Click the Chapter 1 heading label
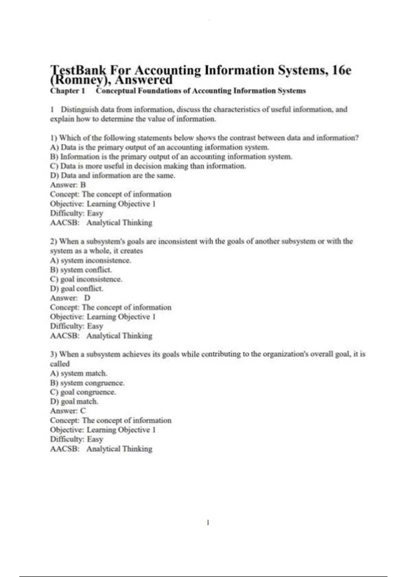tap(67, 91)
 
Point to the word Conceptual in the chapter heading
tap(115, 91)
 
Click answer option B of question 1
tap(171, 157)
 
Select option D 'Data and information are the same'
tap(113, 175)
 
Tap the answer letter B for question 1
tap(83, 185)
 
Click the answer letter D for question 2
tap(87, 298)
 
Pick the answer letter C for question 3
tap(83, 411)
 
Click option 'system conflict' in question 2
tap(81, 270)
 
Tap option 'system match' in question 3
tap(79, 373)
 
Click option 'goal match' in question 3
tap(74, 402)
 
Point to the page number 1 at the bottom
tap(208, 523)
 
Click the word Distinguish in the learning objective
tap(80, 110)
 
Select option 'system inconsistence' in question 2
tap(91, 261)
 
